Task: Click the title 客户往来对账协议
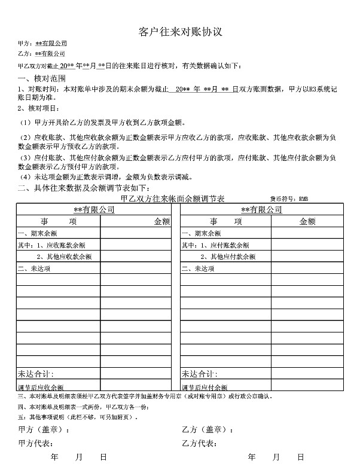point(180,30)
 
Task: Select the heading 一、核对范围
point(41,78)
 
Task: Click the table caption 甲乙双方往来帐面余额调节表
point(172,198)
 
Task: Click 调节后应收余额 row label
point(41,387)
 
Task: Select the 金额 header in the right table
point(307,221)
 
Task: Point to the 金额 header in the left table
point(162,221)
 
